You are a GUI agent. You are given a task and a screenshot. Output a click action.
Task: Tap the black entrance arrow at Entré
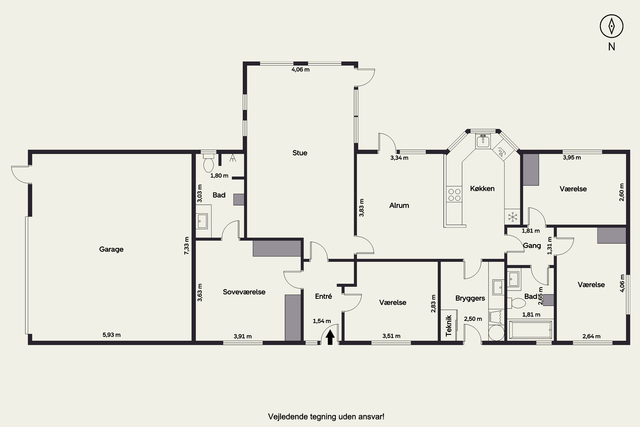click(330, 337)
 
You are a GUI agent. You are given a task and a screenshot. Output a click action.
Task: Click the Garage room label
click(111, 249)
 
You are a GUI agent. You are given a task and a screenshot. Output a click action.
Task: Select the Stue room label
click(300, 153)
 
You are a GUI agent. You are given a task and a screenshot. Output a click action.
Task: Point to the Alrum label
click(399, 205)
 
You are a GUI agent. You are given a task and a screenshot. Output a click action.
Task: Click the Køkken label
click(482, 189)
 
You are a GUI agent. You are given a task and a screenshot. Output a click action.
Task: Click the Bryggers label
click(470, 298)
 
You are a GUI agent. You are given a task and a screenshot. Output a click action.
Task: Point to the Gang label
click(532, 246)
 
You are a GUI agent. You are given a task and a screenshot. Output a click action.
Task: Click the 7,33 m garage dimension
click(187, 246)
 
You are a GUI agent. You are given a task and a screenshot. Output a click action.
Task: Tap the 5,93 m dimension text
click(112, 335)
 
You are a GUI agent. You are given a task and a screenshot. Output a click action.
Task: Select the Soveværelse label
click(244, 292)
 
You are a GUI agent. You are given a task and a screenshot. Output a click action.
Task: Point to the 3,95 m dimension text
click(572, 157)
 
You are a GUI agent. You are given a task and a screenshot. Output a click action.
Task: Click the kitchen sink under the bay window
click(483, 141)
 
